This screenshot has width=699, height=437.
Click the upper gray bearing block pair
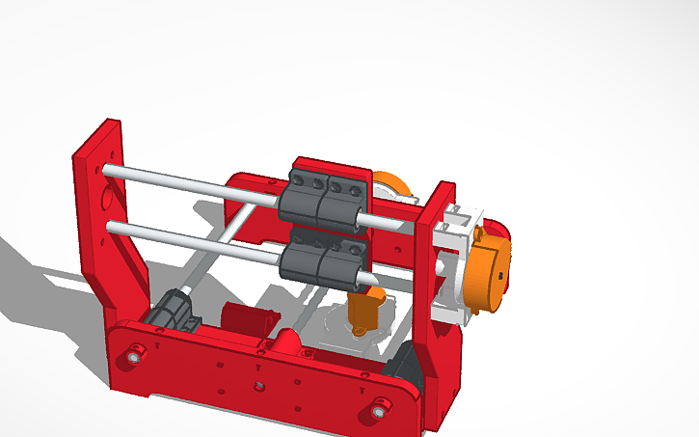(325, 199)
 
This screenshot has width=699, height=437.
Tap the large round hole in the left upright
(107, 202)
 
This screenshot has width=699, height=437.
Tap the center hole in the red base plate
(258, 386)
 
